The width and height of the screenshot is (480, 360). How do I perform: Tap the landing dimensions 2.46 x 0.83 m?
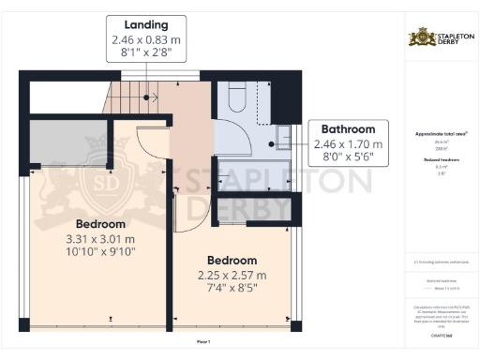click(x=145, y=41)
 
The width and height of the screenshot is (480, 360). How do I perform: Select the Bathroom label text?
click(x=348, y=129)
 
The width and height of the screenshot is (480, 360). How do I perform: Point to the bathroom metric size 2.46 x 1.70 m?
click(x=348, y=144)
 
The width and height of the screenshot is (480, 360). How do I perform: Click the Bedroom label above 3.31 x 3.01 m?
click(x=100, y=224)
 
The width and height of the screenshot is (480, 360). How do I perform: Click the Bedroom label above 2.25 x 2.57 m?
click(x=232, y=260)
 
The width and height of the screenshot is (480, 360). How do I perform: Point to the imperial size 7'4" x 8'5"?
click(x=232, y=288)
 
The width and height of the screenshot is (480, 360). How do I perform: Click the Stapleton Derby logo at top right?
click(x=441, y=38)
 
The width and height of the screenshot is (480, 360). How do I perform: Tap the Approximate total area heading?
click(x=441, y=134)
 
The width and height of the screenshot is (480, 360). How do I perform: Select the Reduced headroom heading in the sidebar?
click(x=441, y=161)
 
